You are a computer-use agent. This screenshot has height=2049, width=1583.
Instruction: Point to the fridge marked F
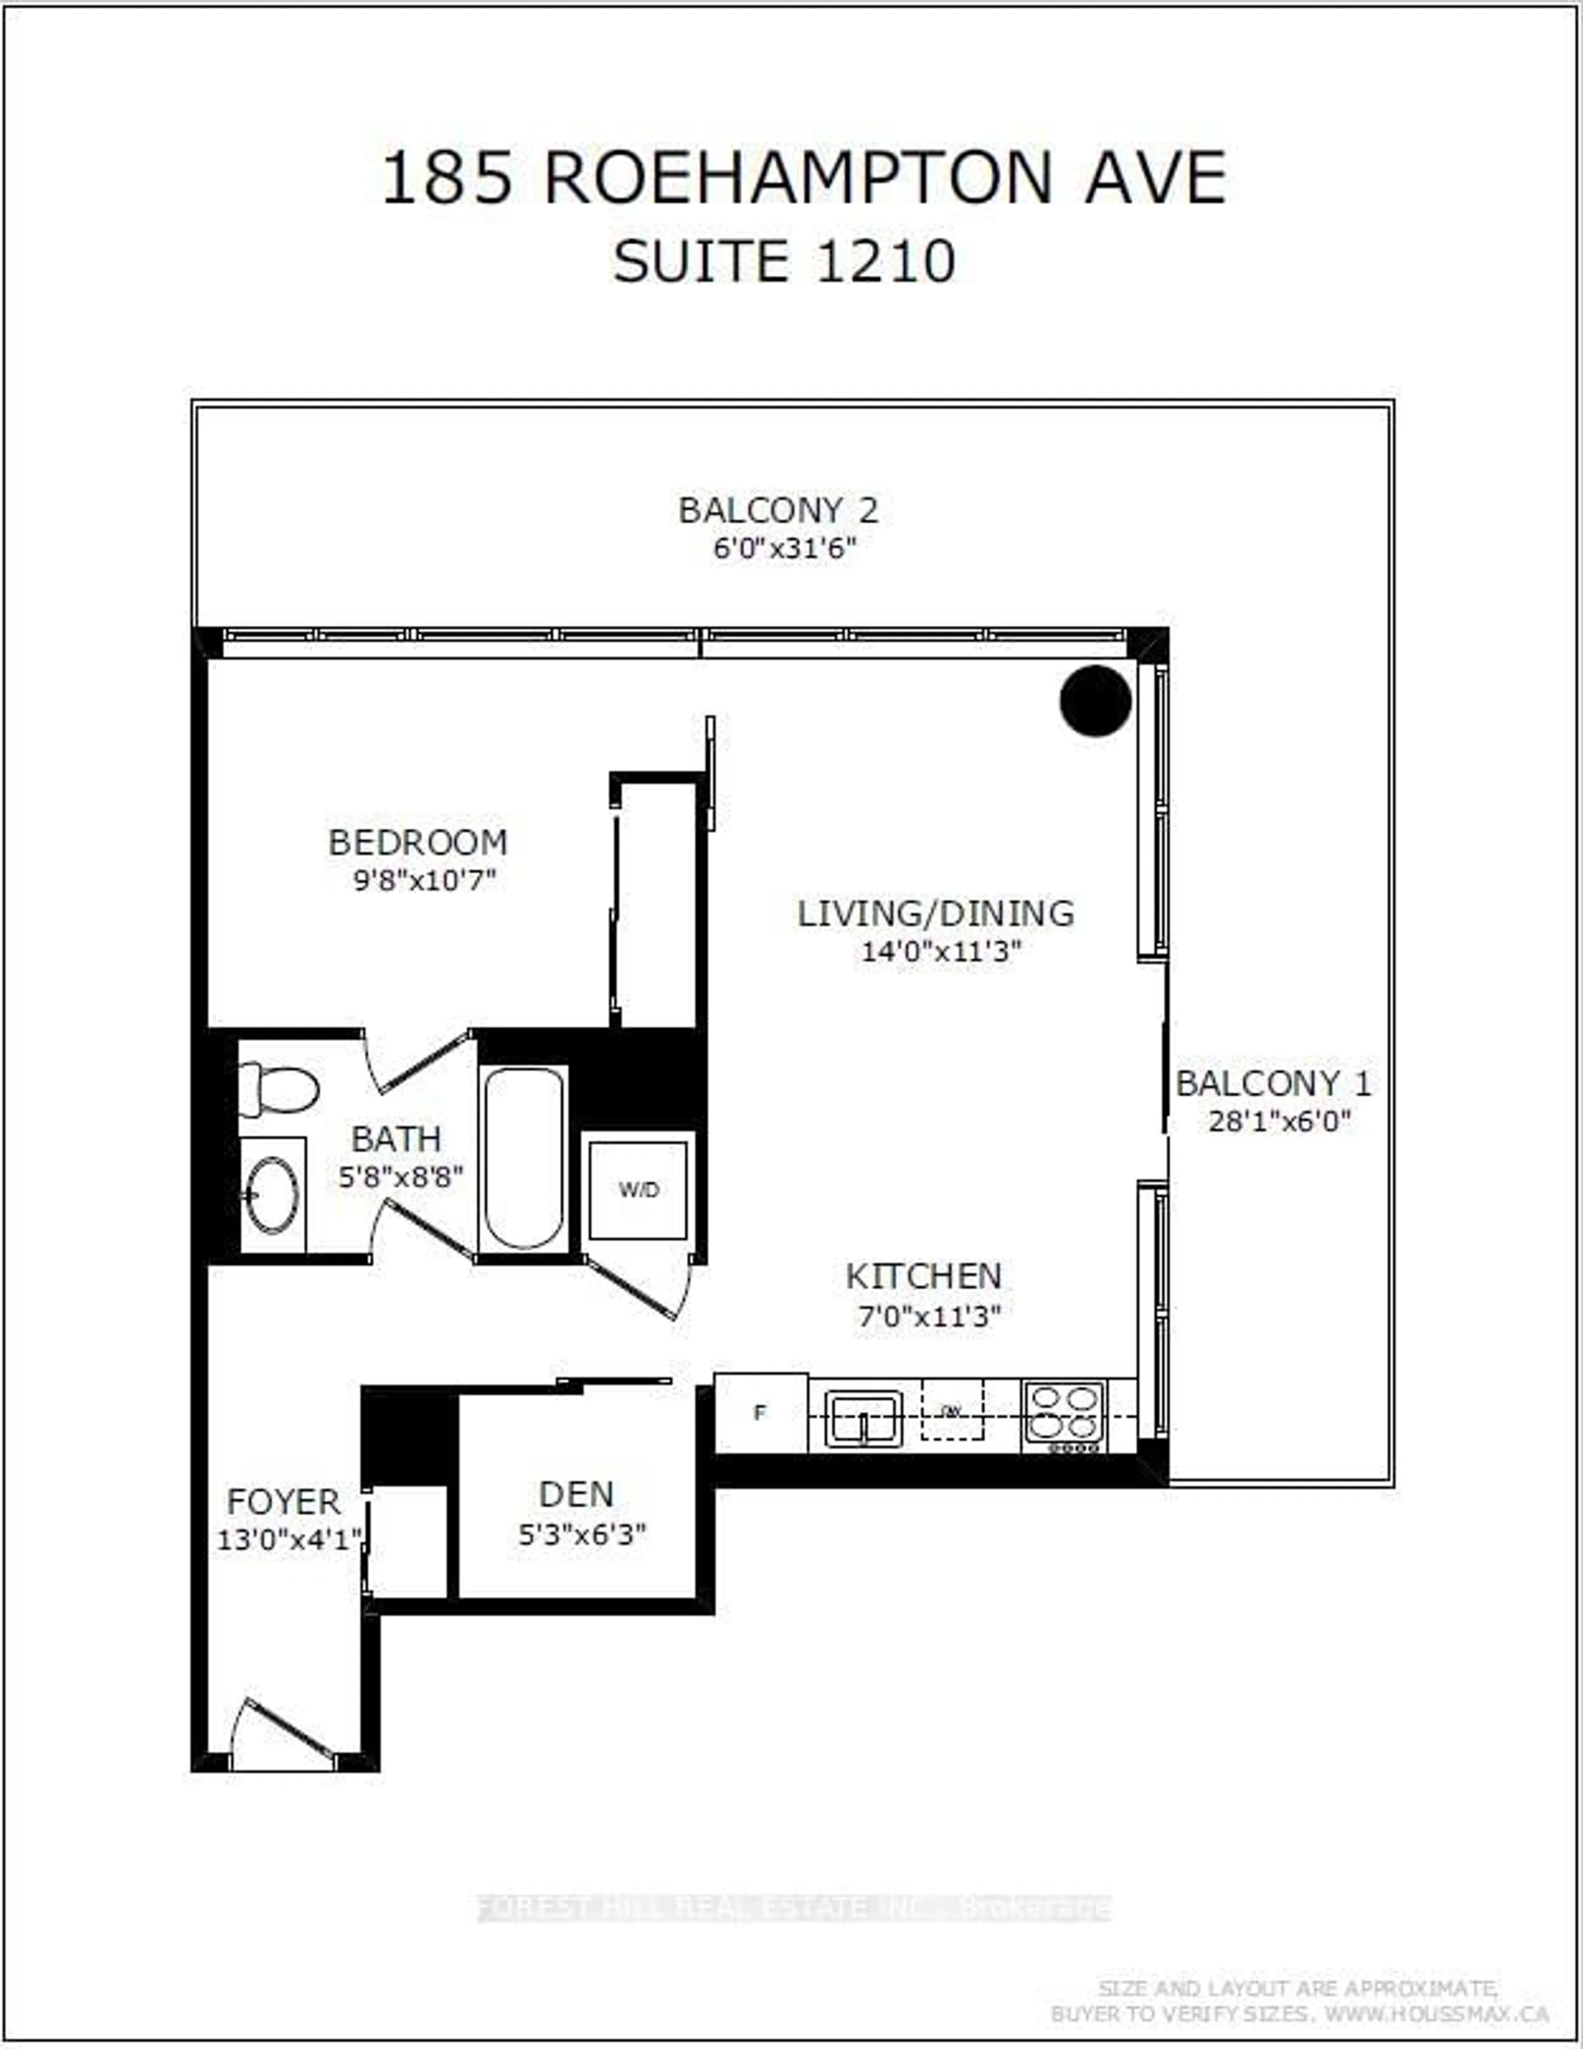point(760,1412)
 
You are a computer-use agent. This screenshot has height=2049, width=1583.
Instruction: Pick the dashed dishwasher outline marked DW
point(952,1409)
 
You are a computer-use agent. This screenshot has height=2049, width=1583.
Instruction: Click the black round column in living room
point(1095,700)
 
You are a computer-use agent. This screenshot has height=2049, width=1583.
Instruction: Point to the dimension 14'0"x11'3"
point(940,951)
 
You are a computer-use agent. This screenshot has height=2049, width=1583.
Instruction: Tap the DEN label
point(576,1493)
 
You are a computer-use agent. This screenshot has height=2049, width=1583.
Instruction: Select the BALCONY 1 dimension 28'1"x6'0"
point(1279,1120)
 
